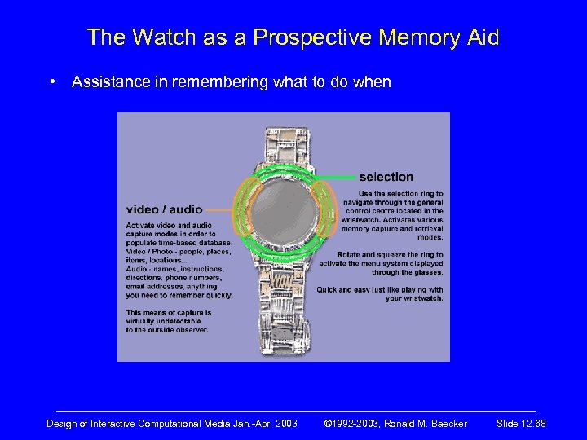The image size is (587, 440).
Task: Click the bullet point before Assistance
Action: click(53, 82)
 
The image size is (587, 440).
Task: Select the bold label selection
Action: click(386, 176)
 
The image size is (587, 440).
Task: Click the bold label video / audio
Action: click(164, 209)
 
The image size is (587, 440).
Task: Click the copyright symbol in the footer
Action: click(328, 424)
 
